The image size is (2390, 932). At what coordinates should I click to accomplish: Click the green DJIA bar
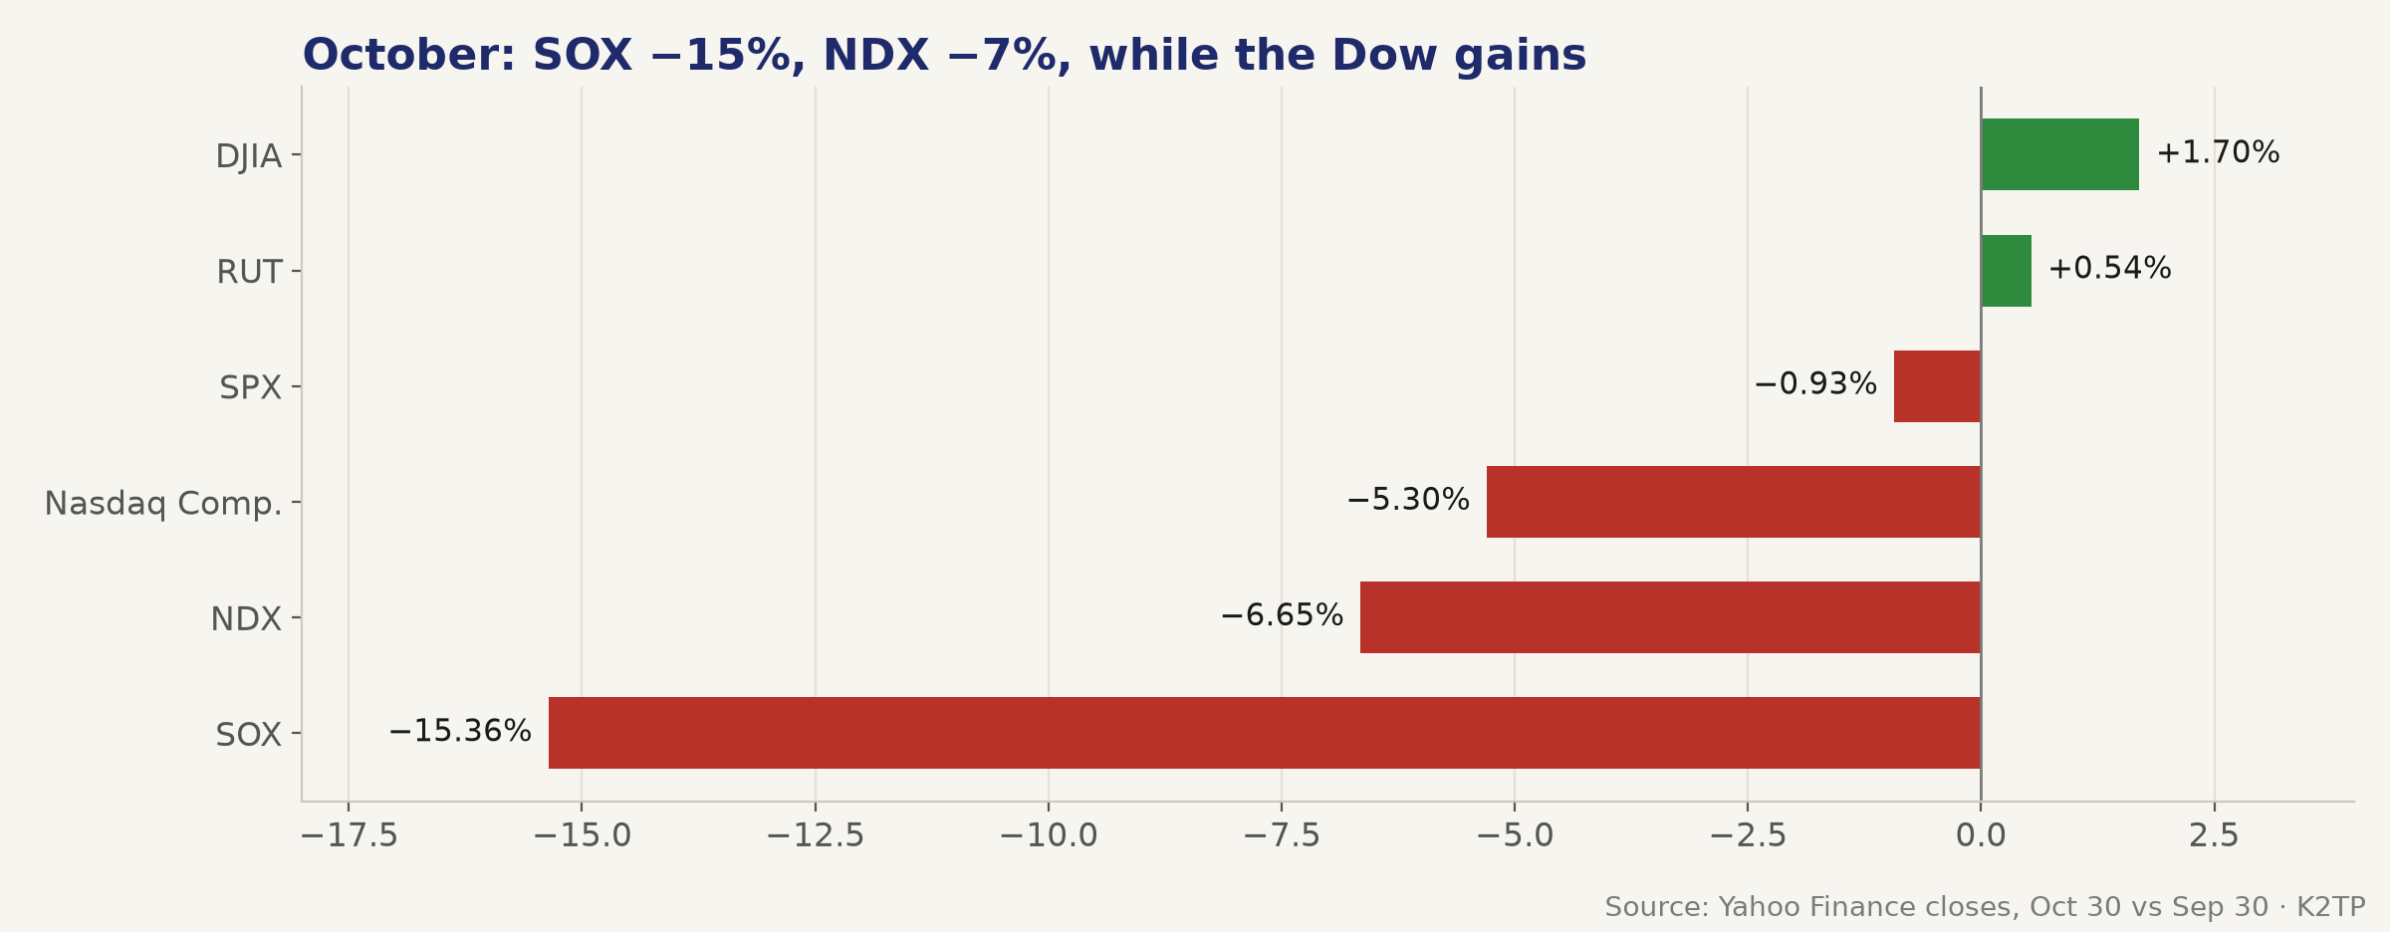coord(2059,154)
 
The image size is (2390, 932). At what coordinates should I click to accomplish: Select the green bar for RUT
coord(2006,271)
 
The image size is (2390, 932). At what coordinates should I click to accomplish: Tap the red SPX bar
coord(1937,386)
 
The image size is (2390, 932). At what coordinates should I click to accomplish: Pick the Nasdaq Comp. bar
coord(1734,502)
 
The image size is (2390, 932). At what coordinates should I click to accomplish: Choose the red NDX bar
coord(1670,617)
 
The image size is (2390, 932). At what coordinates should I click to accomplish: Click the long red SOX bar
coord(1265,733)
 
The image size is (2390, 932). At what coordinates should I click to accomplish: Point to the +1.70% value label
coord(2218,153)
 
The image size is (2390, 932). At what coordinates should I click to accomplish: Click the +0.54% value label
coord(2109,269)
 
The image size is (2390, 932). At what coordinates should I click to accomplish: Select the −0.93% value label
coord(1815,384)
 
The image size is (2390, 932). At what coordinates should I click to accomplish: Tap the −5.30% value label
coord(1408,500)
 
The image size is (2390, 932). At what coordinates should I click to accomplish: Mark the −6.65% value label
coord(1282,616)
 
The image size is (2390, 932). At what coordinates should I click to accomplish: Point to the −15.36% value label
coord(460,732)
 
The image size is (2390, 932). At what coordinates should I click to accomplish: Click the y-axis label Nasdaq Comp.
coord(163,504)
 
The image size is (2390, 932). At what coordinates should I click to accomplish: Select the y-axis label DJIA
coord(249,157)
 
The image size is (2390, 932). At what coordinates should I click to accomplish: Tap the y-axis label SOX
coord(249,735)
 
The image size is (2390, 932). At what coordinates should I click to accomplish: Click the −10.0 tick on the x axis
coord(1049,836)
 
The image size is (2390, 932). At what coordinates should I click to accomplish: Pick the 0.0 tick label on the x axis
coord(1981,836)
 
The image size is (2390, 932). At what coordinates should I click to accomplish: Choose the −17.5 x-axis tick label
coord(349,836)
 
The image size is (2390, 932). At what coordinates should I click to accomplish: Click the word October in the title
coord(409,56)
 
